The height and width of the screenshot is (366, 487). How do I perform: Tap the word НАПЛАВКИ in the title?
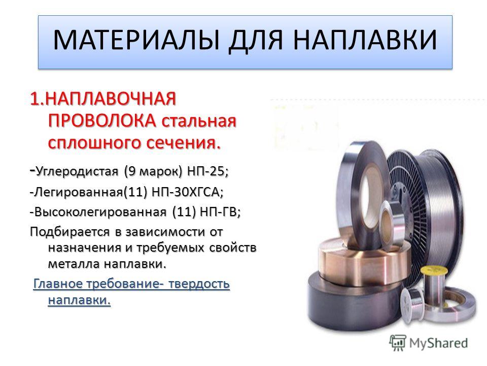coord(365,40)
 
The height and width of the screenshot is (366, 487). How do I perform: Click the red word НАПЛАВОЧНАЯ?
coord(112,99)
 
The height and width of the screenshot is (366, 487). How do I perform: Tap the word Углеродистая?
coord(77,172)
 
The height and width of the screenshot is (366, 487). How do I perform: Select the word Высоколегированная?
coord(100,212)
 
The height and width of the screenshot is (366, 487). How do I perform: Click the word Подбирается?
coord(70,232)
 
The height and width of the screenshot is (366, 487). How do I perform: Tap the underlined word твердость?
coord(198,284)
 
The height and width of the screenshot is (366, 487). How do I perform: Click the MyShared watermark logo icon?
coord(398,343)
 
